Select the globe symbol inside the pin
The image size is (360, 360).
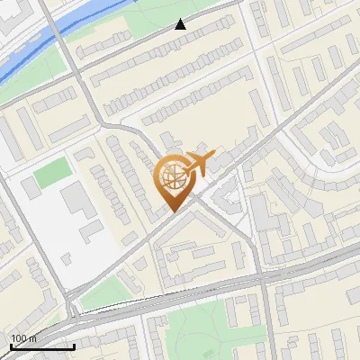tap(172, 177)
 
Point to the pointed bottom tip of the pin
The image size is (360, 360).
tap(172, 210)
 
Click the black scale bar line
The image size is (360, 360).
tap(42, 346)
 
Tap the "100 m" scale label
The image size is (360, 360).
tap(24, 338)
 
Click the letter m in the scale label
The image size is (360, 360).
tap(33, 338)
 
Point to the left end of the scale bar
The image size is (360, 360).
tap(11, 346)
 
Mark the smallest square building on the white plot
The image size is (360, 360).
tap(31, 186)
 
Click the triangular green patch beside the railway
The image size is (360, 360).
tap(103, 292)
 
